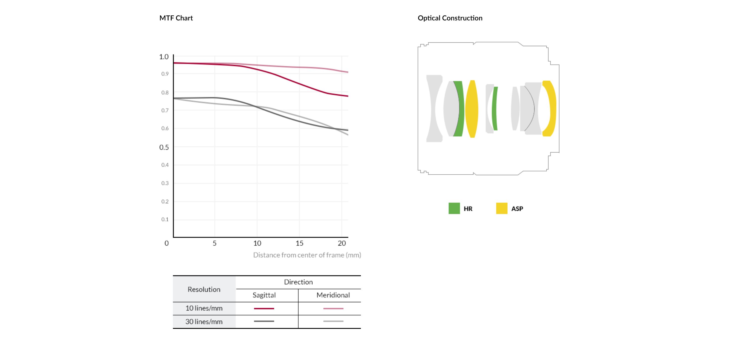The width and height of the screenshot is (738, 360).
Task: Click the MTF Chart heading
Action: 176,18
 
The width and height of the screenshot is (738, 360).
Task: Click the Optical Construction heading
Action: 450,18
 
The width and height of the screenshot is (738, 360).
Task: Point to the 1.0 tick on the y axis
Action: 164,57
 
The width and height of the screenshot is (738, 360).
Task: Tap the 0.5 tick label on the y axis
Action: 164,147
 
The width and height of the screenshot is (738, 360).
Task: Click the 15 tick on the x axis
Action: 299,243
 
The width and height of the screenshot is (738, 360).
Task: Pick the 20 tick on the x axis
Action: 341,243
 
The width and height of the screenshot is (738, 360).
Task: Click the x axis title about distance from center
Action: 307,255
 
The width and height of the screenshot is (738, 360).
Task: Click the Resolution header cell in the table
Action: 204,289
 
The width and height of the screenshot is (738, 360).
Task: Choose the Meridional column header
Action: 333,295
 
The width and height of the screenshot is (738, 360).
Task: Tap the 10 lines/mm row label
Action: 204,308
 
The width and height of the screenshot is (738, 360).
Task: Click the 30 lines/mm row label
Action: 204,322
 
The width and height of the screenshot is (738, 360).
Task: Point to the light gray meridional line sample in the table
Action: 333,321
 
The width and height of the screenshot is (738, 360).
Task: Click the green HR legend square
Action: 454,208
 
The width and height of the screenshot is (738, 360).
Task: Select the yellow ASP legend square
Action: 502,208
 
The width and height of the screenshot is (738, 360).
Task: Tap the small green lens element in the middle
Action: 494,108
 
